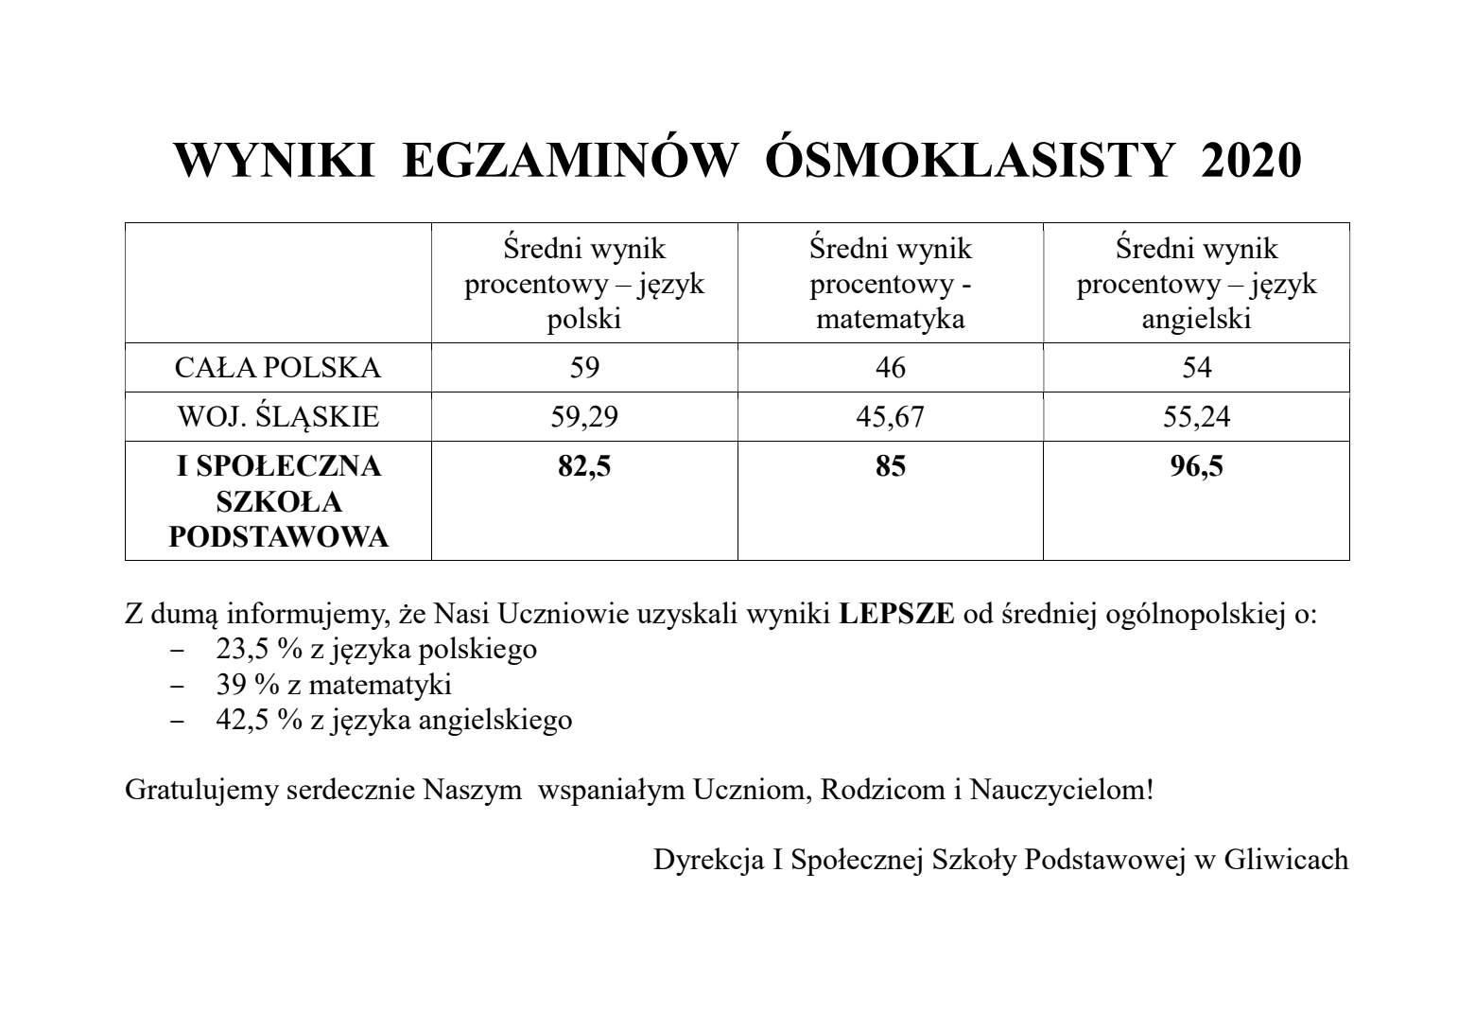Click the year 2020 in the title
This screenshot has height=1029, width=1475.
pos(1250,162)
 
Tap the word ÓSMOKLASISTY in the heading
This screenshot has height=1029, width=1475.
pos(970,162)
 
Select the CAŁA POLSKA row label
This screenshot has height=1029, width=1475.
pos(278,368)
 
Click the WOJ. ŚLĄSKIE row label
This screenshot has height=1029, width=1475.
pos(278,417)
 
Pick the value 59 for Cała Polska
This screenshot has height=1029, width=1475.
pos(584,368)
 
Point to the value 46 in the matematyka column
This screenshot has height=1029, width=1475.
pos(891,368)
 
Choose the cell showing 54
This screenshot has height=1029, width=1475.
pos(1196,368)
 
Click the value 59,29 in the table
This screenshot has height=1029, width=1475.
pos(584,417)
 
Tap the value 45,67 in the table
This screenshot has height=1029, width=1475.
pos(891,417)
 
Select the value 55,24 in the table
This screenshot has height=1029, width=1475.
pos(1196,417)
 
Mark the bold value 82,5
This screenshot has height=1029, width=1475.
pos(584,466)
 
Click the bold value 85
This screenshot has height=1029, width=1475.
pos(891,466)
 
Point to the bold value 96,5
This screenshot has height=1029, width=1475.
pos(1196,466)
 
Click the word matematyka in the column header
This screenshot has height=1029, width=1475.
pos(891,320)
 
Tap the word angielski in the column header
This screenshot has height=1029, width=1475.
pos(1196,320)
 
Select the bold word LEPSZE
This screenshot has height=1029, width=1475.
pos(896,615)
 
